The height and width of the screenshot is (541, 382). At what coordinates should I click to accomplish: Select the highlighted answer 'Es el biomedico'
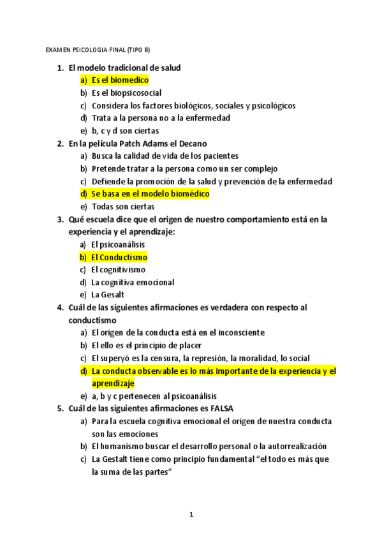click(x=120, y=80)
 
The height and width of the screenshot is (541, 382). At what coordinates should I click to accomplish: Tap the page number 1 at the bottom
click(x=191, y=514)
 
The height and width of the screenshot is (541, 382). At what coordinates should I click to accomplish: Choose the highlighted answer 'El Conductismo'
click(x=119, y=257)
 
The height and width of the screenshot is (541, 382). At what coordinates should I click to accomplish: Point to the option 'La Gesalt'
click(x=108, y=295)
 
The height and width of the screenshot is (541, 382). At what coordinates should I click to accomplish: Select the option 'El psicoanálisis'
click(x=119, y=244)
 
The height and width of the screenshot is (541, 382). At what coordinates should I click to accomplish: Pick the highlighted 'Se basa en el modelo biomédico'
click(x=150, y=194)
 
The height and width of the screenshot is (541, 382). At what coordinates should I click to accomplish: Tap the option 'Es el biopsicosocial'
click(x=126, y=93)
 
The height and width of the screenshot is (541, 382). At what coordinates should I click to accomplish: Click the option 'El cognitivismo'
click(x=119, y=270)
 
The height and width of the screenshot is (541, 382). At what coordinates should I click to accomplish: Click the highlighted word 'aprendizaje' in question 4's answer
click(x=113, y=383)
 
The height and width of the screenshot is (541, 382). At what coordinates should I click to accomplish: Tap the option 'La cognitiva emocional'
click(x=133, y=282)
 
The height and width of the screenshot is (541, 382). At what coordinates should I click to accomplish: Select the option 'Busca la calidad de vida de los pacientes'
click(x=165, y=156)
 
